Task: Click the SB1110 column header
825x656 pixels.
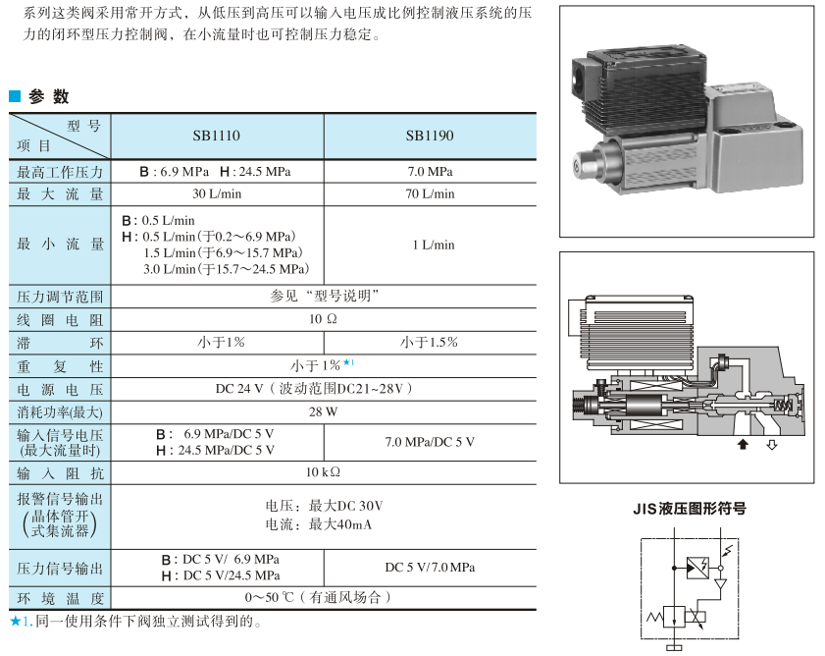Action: click(x=216, y=136)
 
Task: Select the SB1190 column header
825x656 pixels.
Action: click(x=430, y=136)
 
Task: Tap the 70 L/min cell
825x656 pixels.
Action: click(x=430, y=193)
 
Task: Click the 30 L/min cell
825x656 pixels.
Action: click(x=216, y=193)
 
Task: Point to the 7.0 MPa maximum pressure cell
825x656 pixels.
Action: click(x=430, y=171)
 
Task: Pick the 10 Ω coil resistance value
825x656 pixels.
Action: click(x=323, y=319)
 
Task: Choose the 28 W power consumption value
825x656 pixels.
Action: click(x=323, y=411)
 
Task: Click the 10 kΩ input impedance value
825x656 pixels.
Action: click(x=323, y=472)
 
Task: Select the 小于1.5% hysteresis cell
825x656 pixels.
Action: click(x=430, y=343)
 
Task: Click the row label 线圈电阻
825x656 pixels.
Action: click(x=60, y=319)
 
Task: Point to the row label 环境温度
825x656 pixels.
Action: click(x=60, y=597)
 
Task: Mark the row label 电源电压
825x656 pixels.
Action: click(x=60, y=388)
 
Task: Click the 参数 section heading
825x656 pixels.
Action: click(x=49, y=96)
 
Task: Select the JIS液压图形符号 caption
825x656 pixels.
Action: click(x=689, y=509)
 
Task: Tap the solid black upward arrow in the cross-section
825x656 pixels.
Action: click(x=743, y=445)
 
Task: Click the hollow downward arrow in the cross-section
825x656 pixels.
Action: click(x=771, y=445)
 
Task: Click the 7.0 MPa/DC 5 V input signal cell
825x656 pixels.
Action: click(x=430, y=442)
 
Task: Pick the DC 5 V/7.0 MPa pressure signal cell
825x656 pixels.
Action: click(x=430, y=567)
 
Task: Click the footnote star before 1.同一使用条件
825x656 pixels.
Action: click(x=15, y=621)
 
